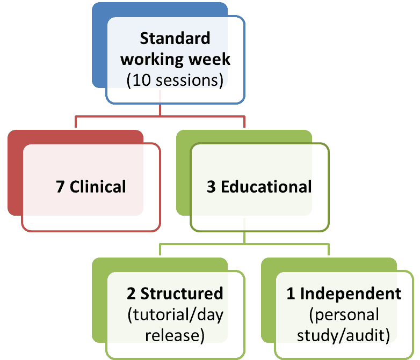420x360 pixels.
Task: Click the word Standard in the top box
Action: pos(175,39)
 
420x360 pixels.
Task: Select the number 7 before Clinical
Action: pos(61,187)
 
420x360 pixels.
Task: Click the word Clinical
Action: pos(98,187)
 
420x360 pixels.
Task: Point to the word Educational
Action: pos(266,187)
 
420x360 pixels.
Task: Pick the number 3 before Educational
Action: pos(212,187)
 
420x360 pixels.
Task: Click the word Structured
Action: pos(182,294)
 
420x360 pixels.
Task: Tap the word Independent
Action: pos(350,294)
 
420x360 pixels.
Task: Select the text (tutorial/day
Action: pos(175,314)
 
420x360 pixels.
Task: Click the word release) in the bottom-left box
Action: pos(175,336)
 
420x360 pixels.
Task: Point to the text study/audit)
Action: pos(344,336)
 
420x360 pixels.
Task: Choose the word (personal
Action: pos(344,314)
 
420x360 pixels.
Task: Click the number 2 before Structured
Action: pos(131,294)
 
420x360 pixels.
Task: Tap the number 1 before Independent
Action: pos(291,294)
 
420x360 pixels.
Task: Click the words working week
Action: pos(175,59)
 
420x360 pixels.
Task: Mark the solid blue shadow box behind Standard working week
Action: pos(100,48)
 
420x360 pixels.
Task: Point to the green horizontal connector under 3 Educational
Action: pos(244,244)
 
